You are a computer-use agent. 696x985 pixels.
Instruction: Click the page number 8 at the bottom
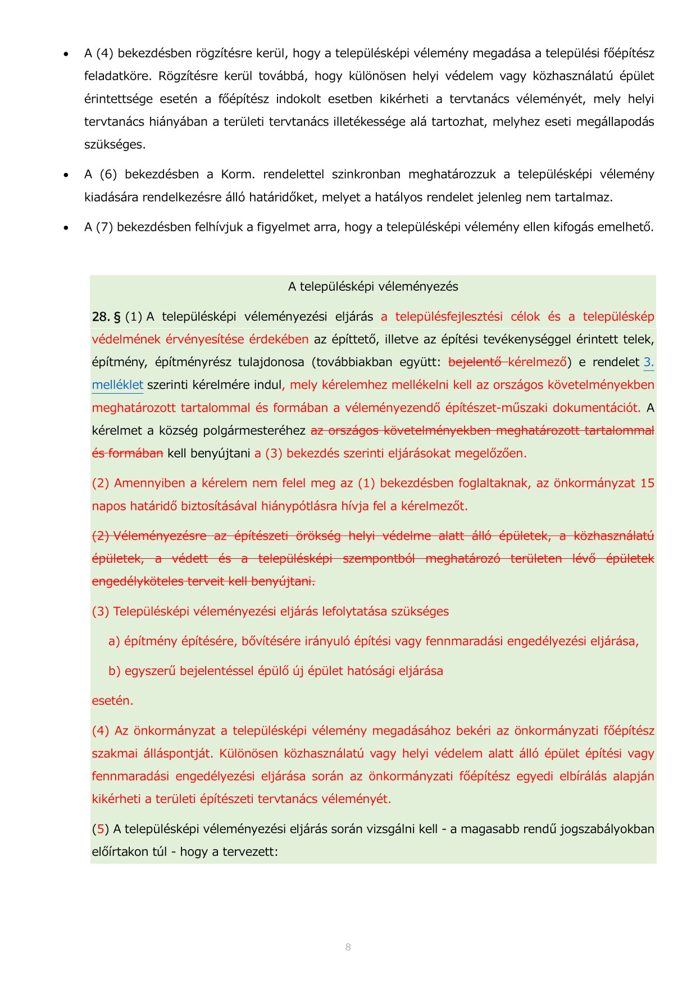pos(348,947)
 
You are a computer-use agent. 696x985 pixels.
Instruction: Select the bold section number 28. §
pos(106,317)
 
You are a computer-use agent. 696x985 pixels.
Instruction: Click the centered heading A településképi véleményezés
pos(373,286)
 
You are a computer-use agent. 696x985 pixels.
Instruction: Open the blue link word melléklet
pos(117,385)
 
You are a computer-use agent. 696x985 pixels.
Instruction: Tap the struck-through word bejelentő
pos(475,362)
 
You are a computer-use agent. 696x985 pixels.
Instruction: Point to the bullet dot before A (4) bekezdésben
pos(66,54)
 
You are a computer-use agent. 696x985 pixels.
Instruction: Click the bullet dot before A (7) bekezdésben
pos(66,227)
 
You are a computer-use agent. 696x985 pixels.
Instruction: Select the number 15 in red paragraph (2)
pos(647,483)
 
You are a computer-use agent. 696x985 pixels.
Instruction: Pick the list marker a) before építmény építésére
pos(114,641)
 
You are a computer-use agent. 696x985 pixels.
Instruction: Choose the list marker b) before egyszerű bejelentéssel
pos(114,671)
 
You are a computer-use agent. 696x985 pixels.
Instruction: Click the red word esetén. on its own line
pos(112,701)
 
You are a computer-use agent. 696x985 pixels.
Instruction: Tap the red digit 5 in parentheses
pos(101,829)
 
